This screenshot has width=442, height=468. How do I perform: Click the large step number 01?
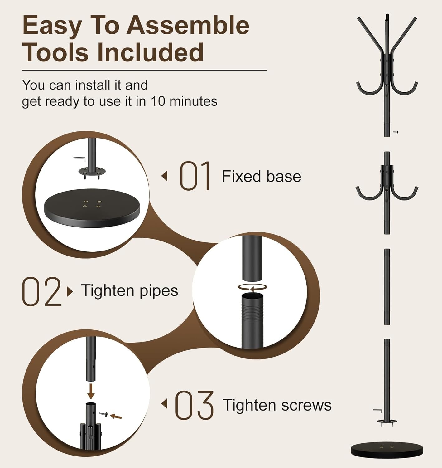click(x=195, y=176)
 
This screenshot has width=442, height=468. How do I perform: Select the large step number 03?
click(x=194, y=405)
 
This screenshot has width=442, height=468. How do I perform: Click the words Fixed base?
click(x=261, y=177)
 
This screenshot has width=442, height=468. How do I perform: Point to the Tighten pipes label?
click(x=129, y=290)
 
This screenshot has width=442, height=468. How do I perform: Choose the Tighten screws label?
click(x=277, y=405)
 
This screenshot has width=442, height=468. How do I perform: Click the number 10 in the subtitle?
click(x=158, y=101)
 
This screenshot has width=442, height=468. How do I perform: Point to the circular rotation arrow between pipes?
click(x=252, y=287)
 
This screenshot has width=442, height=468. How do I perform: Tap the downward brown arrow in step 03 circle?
click(x=91, y=392)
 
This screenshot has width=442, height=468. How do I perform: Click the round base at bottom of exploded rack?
click(x=387, y=450)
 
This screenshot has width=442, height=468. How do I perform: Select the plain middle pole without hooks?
click(x=387, y=286)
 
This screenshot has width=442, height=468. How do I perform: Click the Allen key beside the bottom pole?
click(x=377, y=410)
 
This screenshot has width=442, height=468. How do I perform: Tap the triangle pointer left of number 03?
click(x=164, y=404)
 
